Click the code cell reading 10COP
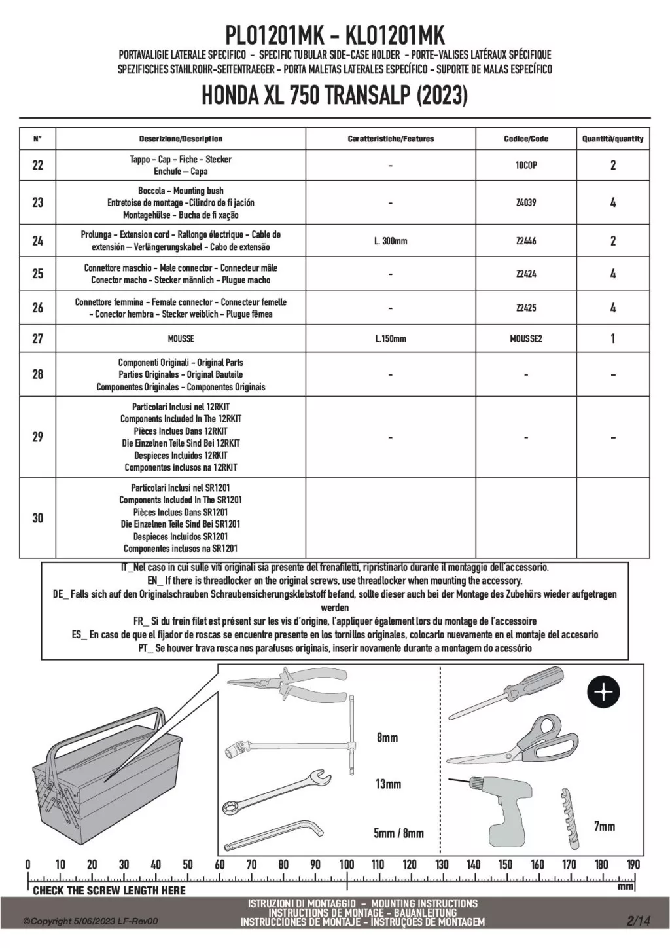click(526, 166)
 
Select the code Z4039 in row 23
click(526, 203)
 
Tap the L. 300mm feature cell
click(391, 241)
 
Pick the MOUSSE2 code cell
click(526, 338)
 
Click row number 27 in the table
click(38, 338)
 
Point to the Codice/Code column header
click(526, 139)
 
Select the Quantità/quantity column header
click(612, 139)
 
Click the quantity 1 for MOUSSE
click(612, 338)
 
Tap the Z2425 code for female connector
click(526, 308)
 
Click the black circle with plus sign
click(603, 692)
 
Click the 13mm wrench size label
click(388, 784)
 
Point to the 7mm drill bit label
click(605, 826)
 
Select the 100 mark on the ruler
click(347, 865)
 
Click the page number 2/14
click(638, 921)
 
